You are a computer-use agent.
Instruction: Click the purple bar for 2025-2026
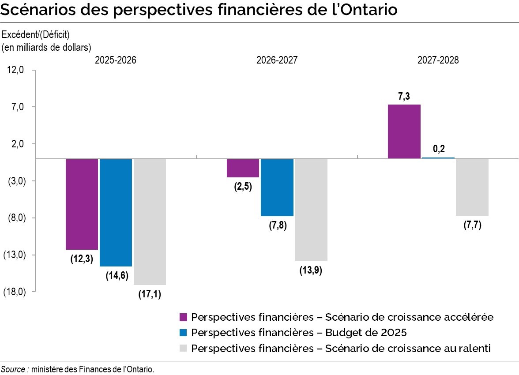82,204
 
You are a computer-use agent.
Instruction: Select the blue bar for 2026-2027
277,187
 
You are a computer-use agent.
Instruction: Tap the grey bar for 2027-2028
472,187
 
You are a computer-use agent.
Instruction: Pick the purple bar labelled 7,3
404,131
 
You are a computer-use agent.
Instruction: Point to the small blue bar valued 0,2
438,157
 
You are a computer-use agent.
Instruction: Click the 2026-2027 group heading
277,61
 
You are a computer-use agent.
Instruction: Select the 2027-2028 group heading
438,61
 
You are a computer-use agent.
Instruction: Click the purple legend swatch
184,317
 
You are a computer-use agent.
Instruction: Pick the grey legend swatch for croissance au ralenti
184,349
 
